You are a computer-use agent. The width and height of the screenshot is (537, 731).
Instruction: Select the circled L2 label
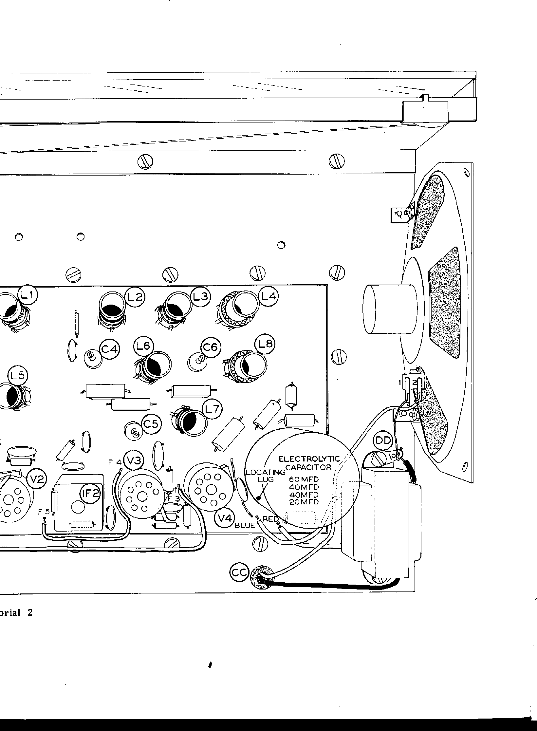point(135,297)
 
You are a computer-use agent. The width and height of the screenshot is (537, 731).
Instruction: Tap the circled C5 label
point(151,424)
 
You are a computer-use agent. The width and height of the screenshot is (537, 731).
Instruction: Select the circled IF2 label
point(90,494)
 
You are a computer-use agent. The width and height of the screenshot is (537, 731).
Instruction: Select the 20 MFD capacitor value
point(304,502)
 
